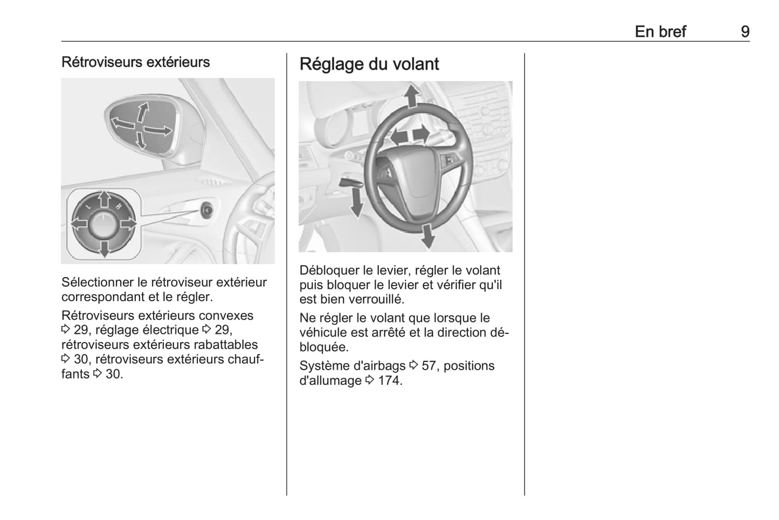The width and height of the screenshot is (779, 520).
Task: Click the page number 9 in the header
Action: [x=744, y=32]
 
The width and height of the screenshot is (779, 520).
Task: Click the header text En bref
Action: [x=660, y=32]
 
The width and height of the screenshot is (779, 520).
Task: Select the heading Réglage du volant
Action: [x=369, y=64]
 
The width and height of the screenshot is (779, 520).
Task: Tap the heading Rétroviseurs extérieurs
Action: [x=135, y=62]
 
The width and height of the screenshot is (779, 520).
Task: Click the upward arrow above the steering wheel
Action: [x=412, y=96]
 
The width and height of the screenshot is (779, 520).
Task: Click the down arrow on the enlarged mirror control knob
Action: [x=105, y=248]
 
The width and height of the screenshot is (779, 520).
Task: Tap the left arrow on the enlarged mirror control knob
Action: [x=79, y=223]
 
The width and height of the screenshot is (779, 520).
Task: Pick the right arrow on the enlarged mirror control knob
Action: [x=128, y=223]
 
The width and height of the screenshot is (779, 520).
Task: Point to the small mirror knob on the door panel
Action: [x=206, y=210]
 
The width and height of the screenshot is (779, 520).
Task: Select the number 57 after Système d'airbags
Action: [x=429, y=366]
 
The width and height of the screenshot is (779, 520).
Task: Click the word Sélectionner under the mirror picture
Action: [x=98, y=282]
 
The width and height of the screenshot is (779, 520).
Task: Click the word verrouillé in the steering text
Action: [x=377, y=300]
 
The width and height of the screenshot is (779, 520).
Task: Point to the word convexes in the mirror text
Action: [x=226, y=316]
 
